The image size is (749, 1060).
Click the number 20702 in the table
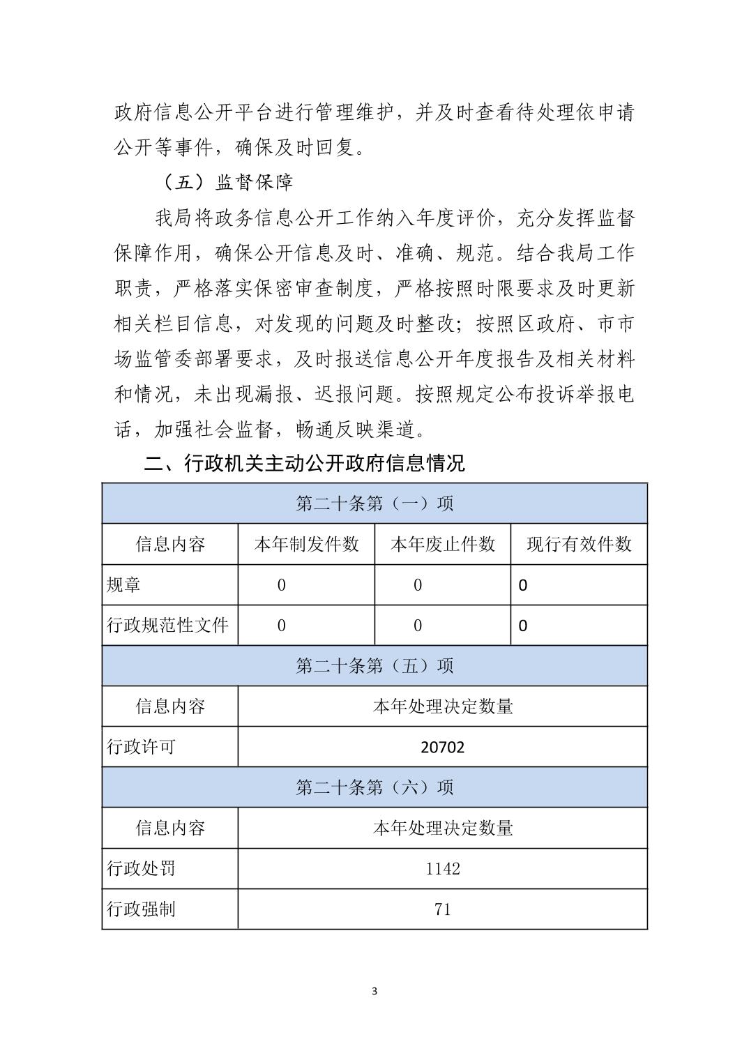pyautogui.click(x=443, y=748)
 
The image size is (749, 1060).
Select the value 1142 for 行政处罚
pyautogui.click(x=443, y=869)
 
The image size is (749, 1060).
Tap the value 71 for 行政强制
pyautogui.click(x=443, y=909)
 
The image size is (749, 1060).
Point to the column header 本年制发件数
pyautogui.click(x=306, y=544)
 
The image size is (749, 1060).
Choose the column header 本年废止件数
pyautogui.click(x=443, y=544)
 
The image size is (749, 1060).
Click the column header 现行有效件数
pyautogui.click(x=579, y=544)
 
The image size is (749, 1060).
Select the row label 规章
pyautogui.click(x=123, y=585)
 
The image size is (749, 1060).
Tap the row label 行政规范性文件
pyautogui.click(x=167, y=626)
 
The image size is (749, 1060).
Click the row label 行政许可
pyautogui.click(x=141, y=748)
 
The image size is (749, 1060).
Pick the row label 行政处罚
pyautogui.click(x=141, y=869)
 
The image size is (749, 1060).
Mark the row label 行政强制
pyautogui.click(x=141, y=909)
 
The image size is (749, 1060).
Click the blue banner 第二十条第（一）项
pyautogui.click(x=374, y=503)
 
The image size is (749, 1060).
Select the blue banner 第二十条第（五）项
pyautogui.click(x=374, y=666)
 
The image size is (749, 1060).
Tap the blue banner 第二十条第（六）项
pyautogui.click(x=374, y=788)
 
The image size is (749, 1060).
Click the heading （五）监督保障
pyautogui.click(x=228, y=183)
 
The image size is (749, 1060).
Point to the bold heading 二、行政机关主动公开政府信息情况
pyautogui.click(x=304, y=463)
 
